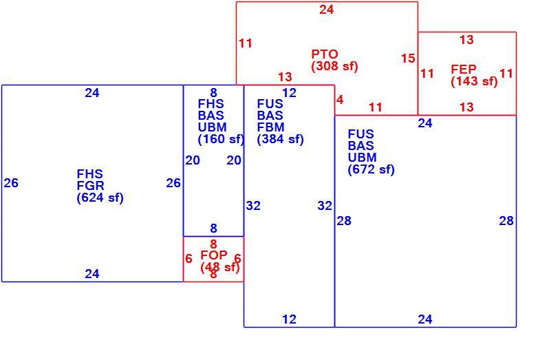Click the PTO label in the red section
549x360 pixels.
pyautogui.click(x=325, y=54)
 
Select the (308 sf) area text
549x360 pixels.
pyautogui.click(x=335, y=66)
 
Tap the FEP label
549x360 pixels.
pyautogui.click(x=463, y=70)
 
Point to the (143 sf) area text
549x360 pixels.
pyautogui.click(x=474, y=81)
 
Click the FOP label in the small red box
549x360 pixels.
pyautogui.click(x=213, y=255)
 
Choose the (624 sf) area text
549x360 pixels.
pyautogui.click(x=100, y=198)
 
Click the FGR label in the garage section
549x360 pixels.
pyautogui.click(x=90, y=186)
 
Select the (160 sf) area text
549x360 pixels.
pyautogui.click(x=221, y=139)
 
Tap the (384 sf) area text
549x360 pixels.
pyautogui.click(x=280, y=139)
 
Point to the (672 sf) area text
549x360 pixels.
pyautogui.click(x=371, y=169)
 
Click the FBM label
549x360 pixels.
pyautogui.click(x=270, y=127)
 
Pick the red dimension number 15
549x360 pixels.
pyautogui.click(x=408, y=59)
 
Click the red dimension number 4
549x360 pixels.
pyautogui.click(x=340, y=100)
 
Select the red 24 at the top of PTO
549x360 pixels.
pyautogui.click(x=326, y=10)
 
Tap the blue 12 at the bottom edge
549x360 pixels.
pyautogui.click(x=289, y=319)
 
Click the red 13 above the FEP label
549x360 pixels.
pyautogui.click(x=466, y=40)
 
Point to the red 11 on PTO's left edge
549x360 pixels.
pyautogui.click(x=246, y=43)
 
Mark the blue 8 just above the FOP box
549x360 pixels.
pyautogui.click(x=213, y=229)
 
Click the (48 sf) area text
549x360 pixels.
pyautogui.click(x=220, y=267)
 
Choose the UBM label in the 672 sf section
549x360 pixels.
pyautogui.click(x=362, y=158)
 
